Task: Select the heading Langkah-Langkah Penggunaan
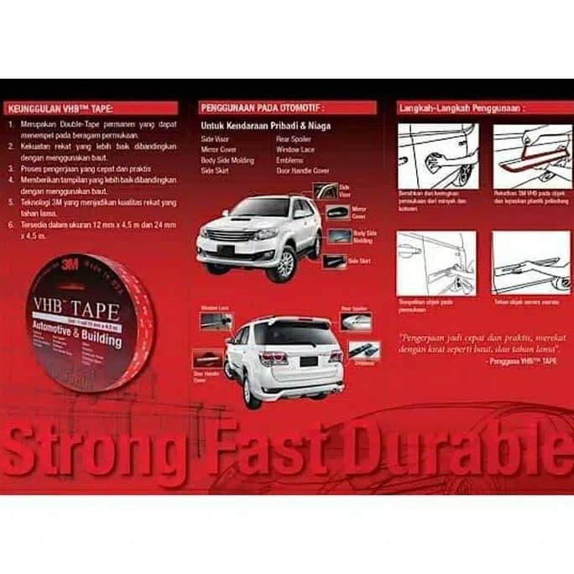462,108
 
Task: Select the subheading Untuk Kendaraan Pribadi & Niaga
265,126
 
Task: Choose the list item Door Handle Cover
303,170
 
